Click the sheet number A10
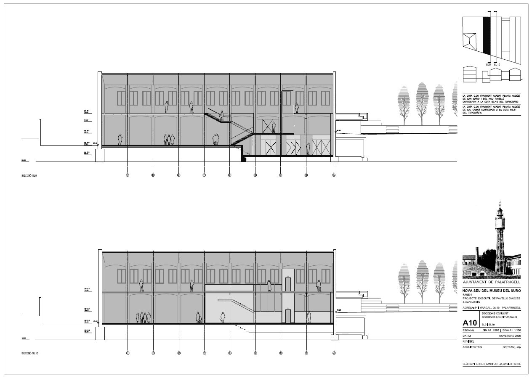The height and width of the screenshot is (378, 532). click(469, 323)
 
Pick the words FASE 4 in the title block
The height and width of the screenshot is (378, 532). click(468, 295)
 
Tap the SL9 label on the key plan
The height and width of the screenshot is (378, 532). click(488, 65)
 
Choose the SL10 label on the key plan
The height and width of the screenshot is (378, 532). click(497, 65)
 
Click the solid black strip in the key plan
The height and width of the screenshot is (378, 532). click(487, 36)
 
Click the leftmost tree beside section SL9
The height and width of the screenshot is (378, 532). click(404, 103)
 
